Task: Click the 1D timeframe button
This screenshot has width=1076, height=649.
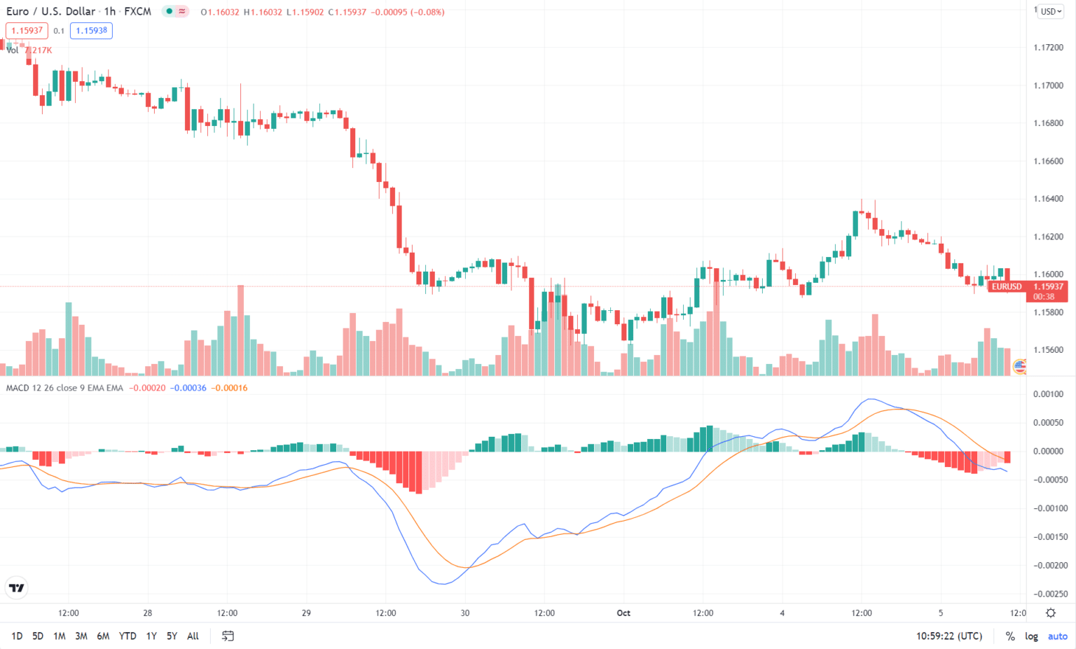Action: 17,636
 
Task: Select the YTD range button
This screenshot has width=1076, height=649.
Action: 127,636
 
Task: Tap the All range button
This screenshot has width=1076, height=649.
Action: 193,636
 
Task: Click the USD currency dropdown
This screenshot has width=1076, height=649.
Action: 1051,12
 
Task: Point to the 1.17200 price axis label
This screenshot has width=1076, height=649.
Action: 1048,48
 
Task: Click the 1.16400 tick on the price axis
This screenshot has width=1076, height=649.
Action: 1048,199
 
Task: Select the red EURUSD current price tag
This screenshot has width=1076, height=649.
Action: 1007,286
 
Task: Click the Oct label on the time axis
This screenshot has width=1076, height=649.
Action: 623,613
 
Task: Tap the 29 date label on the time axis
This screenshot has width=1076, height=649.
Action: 306,613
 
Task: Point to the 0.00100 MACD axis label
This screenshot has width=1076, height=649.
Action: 1048,394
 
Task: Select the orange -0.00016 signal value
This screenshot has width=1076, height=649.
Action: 230,388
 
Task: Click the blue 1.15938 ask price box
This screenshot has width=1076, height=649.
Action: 91,31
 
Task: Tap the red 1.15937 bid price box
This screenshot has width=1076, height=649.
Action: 27,31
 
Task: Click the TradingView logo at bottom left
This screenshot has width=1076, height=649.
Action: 16,588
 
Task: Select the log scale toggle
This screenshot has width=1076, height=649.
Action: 1031,636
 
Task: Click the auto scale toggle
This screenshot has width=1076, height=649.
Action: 1057,636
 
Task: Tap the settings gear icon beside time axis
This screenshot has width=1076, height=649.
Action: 1051,613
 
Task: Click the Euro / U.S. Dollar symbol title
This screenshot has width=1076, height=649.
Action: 50,12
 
